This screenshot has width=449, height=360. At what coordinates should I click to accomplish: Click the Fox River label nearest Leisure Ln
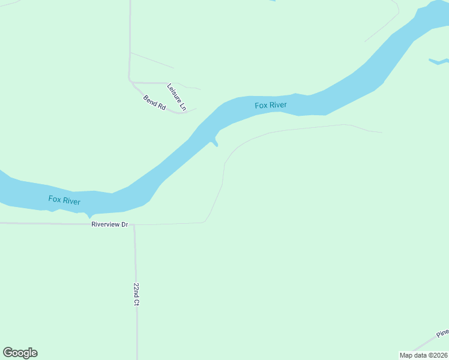pos(270,106)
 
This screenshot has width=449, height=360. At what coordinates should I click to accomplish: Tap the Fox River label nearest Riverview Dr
pos(64,200)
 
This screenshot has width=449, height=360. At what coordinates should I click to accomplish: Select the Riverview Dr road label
pos(110,224)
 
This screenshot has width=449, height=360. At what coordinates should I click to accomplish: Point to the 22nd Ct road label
pos(136,295)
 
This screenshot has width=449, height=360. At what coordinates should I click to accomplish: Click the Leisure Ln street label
pos(177,97)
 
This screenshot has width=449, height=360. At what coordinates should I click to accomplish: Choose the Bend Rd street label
pos(154,101)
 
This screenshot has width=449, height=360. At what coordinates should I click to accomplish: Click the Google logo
pos(20,353)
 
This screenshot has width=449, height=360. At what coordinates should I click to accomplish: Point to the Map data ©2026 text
pos(424,355)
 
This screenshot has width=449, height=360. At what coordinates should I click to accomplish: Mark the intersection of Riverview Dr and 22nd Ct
pos(134,225)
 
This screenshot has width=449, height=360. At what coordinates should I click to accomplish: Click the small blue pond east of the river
pos(438,61)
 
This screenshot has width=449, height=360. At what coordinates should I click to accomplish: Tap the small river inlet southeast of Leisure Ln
pos(214,142)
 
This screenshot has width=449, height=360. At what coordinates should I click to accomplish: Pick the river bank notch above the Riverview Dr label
pos(90,215)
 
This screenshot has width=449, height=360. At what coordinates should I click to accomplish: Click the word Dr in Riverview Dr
pos(125,224)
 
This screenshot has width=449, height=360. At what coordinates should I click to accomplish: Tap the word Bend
pos(150,98)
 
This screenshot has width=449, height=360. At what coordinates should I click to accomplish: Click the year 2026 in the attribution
pos(439,355)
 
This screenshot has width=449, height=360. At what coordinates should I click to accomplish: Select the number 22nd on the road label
pos(136,290)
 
